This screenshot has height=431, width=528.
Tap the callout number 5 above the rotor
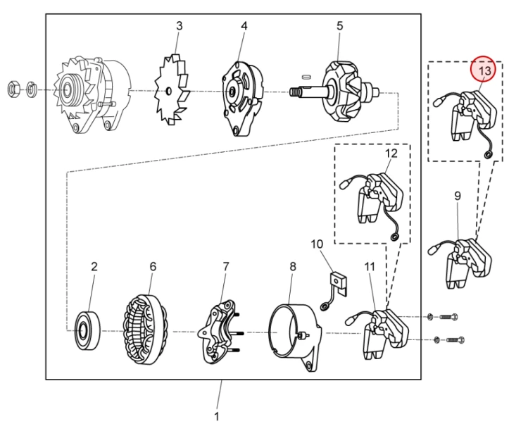(x=340, y=25)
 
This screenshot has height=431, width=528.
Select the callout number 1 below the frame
(x=217, y=416)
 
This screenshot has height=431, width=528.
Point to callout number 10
(x=317, y=244)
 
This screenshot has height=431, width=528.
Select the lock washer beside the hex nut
(x=31, y=89)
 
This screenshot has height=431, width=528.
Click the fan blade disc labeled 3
(x=171, y=89)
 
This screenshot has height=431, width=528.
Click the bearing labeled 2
(x=87, y=330)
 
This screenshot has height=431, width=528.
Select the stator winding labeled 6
(x=145, y=330)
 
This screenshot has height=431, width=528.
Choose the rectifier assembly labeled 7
(x=219, y=332)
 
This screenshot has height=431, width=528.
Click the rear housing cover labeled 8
(x=295, y=337)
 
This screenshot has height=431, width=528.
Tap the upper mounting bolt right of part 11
(x=449, y=317)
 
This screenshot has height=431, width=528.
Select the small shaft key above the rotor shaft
(x=306, y=77)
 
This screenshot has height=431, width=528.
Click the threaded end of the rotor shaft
(x=295, y=92)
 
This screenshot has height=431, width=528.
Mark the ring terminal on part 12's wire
(x=393, y=237)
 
